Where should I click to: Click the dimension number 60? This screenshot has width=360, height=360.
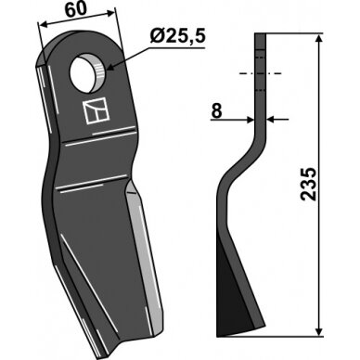point(76,10)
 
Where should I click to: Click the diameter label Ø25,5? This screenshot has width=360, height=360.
point(178,37)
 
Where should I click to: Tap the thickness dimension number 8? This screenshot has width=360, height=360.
point(216,110)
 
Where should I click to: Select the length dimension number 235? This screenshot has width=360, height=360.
point(308,185)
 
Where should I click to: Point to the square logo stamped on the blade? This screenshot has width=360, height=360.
point(96,111)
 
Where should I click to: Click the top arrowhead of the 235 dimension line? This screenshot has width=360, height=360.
point(319,38)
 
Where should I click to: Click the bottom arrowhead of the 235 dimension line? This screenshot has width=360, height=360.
point(319,331)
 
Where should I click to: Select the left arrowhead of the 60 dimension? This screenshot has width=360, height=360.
point(42,24)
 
